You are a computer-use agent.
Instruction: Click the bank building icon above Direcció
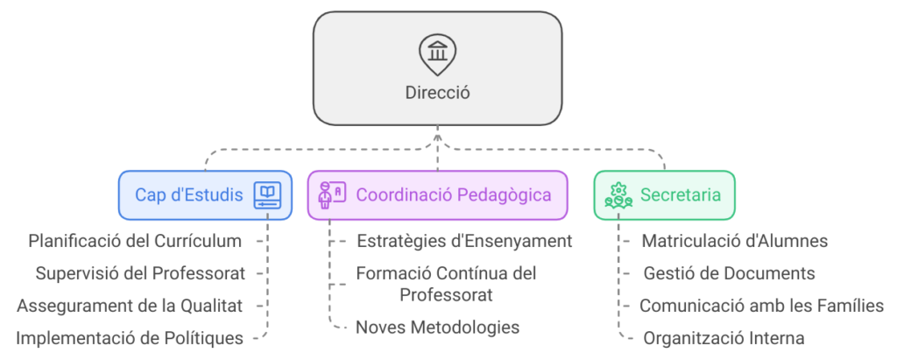click(437, 52)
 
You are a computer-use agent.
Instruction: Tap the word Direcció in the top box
click(437, 92)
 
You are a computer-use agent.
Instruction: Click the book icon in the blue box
click(266, 194)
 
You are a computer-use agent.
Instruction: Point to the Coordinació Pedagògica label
click(454, 194)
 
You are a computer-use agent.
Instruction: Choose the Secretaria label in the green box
click(681, 194)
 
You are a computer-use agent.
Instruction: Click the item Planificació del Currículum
click(135, 240)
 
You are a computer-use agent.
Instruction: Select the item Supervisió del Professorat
click(140, 272)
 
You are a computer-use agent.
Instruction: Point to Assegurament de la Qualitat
click(130, 305)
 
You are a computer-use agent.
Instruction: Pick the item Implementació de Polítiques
click(130, 337)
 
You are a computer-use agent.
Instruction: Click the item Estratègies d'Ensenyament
click(464, 240)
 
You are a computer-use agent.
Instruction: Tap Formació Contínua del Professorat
click(446, 283)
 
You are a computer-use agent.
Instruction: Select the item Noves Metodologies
click(437, 327)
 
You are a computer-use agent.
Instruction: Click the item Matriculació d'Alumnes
click(735, 240)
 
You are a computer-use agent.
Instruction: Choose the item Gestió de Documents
click(729, 272)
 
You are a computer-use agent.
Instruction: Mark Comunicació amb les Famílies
click(761, 305)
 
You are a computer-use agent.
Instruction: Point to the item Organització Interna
click(724, 337)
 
